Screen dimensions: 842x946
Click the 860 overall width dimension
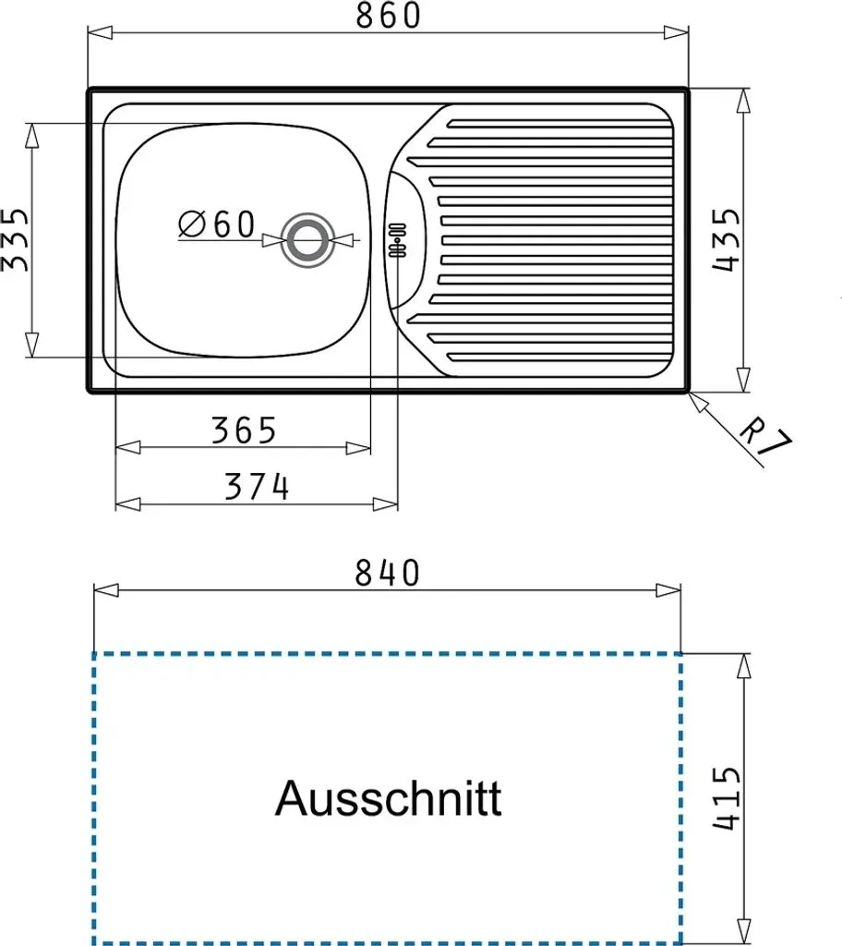[x=387, y=16]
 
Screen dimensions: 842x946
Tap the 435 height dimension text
[x=726, y=239]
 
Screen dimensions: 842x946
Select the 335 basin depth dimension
[x=14, y=239]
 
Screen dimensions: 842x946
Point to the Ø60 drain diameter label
[x=217, y=224]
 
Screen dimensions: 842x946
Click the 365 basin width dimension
[x=244, y=431]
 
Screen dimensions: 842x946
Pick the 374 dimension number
[x=257, y=486]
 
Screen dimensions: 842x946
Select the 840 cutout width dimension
[x=387, y=573]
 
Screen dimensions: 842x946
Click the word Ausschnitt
[x=388, y=798]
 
